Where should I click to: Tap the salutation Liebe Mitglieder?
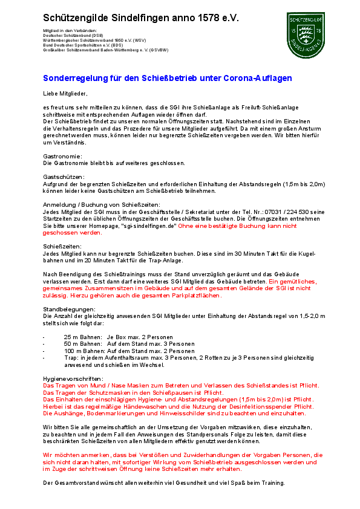(65, 93)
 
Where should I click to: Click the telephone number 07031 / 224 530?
(277, 211)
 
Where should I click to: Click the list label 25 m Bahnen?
(82, 336)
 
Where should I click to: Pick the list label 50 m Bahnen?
(82, 343)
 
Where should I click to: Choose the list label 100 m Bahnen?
(84, 351)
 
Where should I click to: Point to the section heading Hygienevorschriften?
(73, 378)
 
